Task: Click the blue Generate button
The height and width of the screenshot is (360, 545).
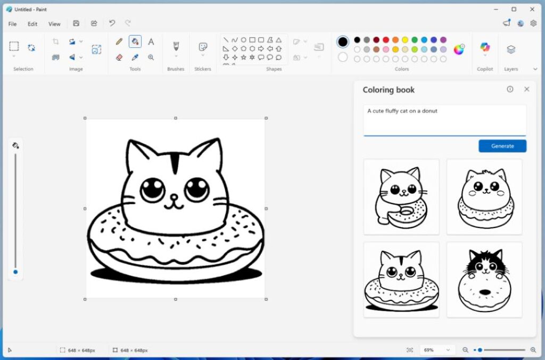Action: [x=502, y=146]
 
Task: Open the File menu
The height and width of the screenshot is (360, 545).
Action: [x=12, y=24]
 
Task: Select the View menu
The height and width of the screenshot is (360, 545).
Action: [x=54, y=24]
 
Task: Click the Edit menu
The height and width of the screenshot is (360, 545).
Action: [x=32, y=24]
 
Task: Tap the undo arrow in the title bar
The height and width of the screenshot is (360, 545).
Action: [x=112, y=23]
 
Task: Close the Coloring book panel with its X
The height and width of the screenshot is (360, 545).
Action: [x=526, y=89]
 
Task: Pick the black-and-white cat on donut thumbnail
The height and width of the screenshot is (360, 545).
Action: [x=484, y=280]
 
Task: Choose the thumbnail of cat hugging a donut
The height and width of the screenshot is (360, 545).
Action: [x=401, y=197]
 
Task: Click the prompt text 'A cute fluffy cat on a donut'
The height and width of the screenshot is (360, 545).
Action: [x=402, y=111]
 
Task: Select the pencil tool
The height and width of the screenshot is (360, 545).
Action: [x=119, y=42]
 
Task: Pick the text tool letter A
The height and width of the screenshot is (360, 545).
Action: [x=151, y=42]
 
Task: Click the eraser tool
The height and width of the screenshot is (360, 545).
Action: [x=119, y=57]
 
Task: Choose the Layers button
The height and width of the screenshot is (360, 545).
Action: [x=511, y=50]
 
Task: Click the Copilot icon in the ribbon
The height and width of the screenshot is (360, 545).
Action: [x=485, y=47]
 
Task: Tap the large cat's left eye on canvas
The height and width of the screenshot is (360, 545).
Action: [x=153, y=190]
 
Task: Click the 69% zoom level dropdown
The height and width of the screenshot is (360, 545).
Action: [x=436, y=350]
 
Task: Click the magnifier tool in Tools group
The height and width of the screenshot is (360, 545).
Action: [x=151, y=57]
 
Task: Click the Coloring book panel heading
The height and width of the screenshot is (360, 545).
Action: [x=389, y=90]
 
